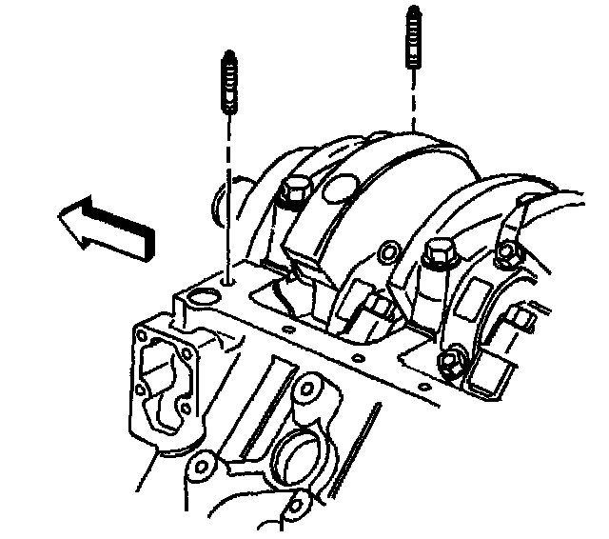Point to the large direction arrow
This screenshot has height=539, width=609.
pyautogui.click(x=105, y=224)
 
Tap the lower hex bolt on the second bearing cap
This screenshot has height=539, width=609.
pyautogui.click(x=449, y=363)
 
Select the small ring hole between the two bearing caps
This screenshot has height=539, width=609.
pyautogui.click(x=388, y=253)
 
